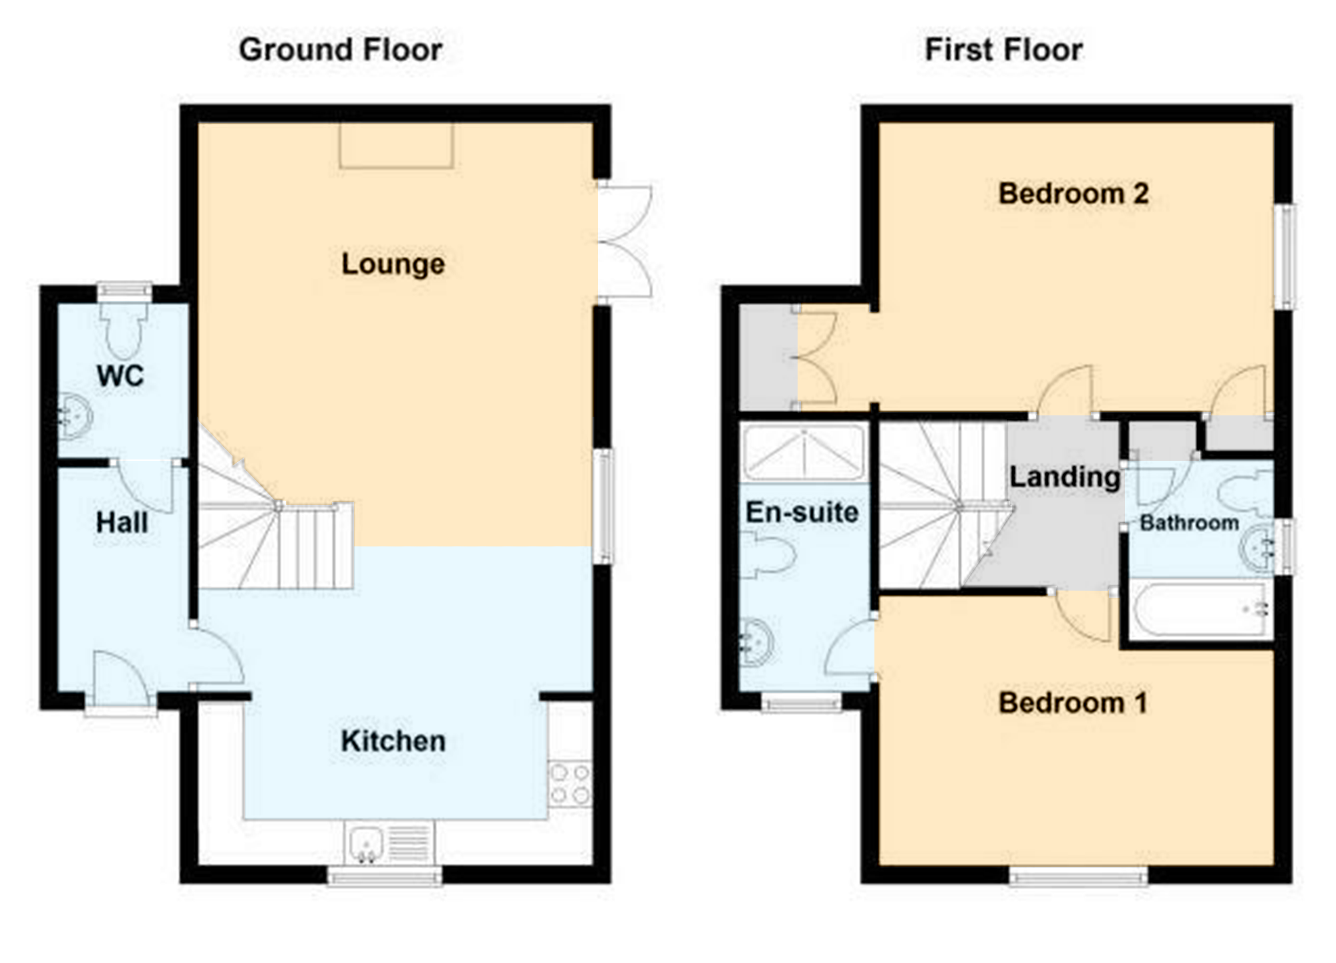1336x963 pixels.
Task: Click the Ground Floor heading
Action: pyautogui.click(x=341, y=50)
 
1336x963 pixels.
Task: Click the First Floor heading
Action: pyautogui.click(x=1003, y=50)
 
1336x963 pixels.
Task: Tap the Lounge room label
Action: pyautogui.click(x=393, y=264)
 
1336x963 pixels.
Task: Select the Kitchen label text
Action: pyautogui.click(x=393, y=741)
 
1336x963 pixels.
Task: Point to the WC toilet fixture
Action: pyautogui.click(x=124, y=331)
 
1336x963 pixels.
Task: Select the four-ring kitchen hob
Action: pyautogui.click(x=570, y=784)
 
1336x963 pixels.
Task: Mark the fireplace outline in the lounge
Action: pyautogui.click(x=396, y=145)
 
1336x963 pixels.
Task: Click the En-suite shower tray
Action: pyautogui.click(x=804, y=452)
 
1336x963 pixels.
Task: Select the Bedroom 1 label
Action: pyautogui.click(x=1073, y=703)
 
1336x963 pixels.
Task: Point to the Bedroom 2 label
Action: pyautogui.click(x=1073, y=194)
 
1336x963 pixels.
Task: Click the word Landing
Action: pyautogui.click(x=1065, y=477)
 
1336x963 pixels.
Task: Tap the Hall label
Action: pyautogui.click(x=122, y=522)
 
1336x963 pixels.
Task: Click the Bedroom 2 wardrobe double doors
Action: pyautogui.click(x=815, y=358)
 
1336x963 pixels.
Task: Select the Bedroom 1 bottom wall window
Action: pyautogui.click(x=1078, y=876)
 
